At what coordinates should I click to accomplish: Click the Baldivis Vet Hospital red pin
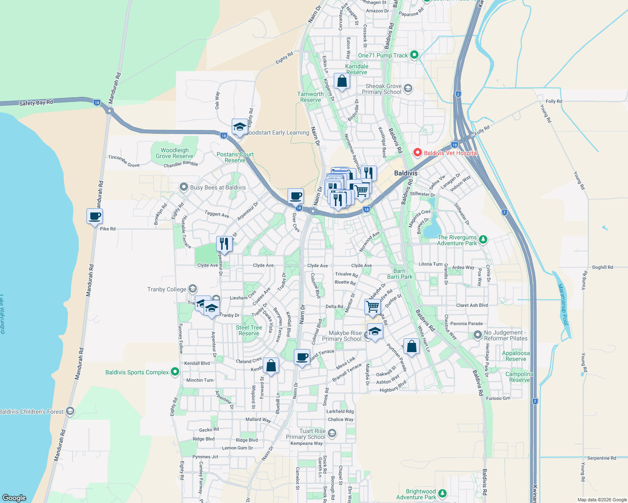pos(417,153)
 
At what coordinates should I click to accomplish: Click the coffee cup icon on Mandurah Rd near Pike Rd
pos(95,217)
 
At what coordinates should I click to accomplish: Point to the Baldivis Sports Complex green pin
pos(175,372)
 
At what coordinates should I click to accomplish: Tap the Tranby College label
pos(167,289)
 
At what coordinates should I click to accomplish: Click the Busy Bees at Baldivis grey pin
pos(183,187)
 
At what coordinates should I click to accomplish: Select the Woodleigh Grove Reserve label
pos(174,153)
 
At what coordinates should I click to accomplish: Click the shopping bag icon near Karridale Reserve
pos(342,81)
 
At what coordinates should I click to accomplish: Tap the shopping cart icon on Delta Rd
pos(373,307)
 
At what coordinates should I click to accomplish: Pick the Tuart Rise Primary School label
pos(306,434)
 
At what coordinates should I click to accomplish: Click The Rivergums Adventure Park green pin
pos(483,239)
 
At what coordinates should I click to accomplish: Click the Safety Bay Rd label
pos(36,103)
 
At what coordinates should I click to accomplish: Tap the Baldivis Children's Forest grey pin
pos(70,411)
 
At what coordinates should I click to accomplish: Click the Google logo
pos(14,498)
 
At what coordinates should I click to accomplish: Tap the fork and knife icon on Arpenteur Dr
pos(224,244)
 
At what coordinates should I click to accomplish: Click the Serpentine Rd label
pos(602,458)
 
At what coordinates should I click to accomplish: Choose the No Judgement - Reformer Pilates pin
pos(477,335)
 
